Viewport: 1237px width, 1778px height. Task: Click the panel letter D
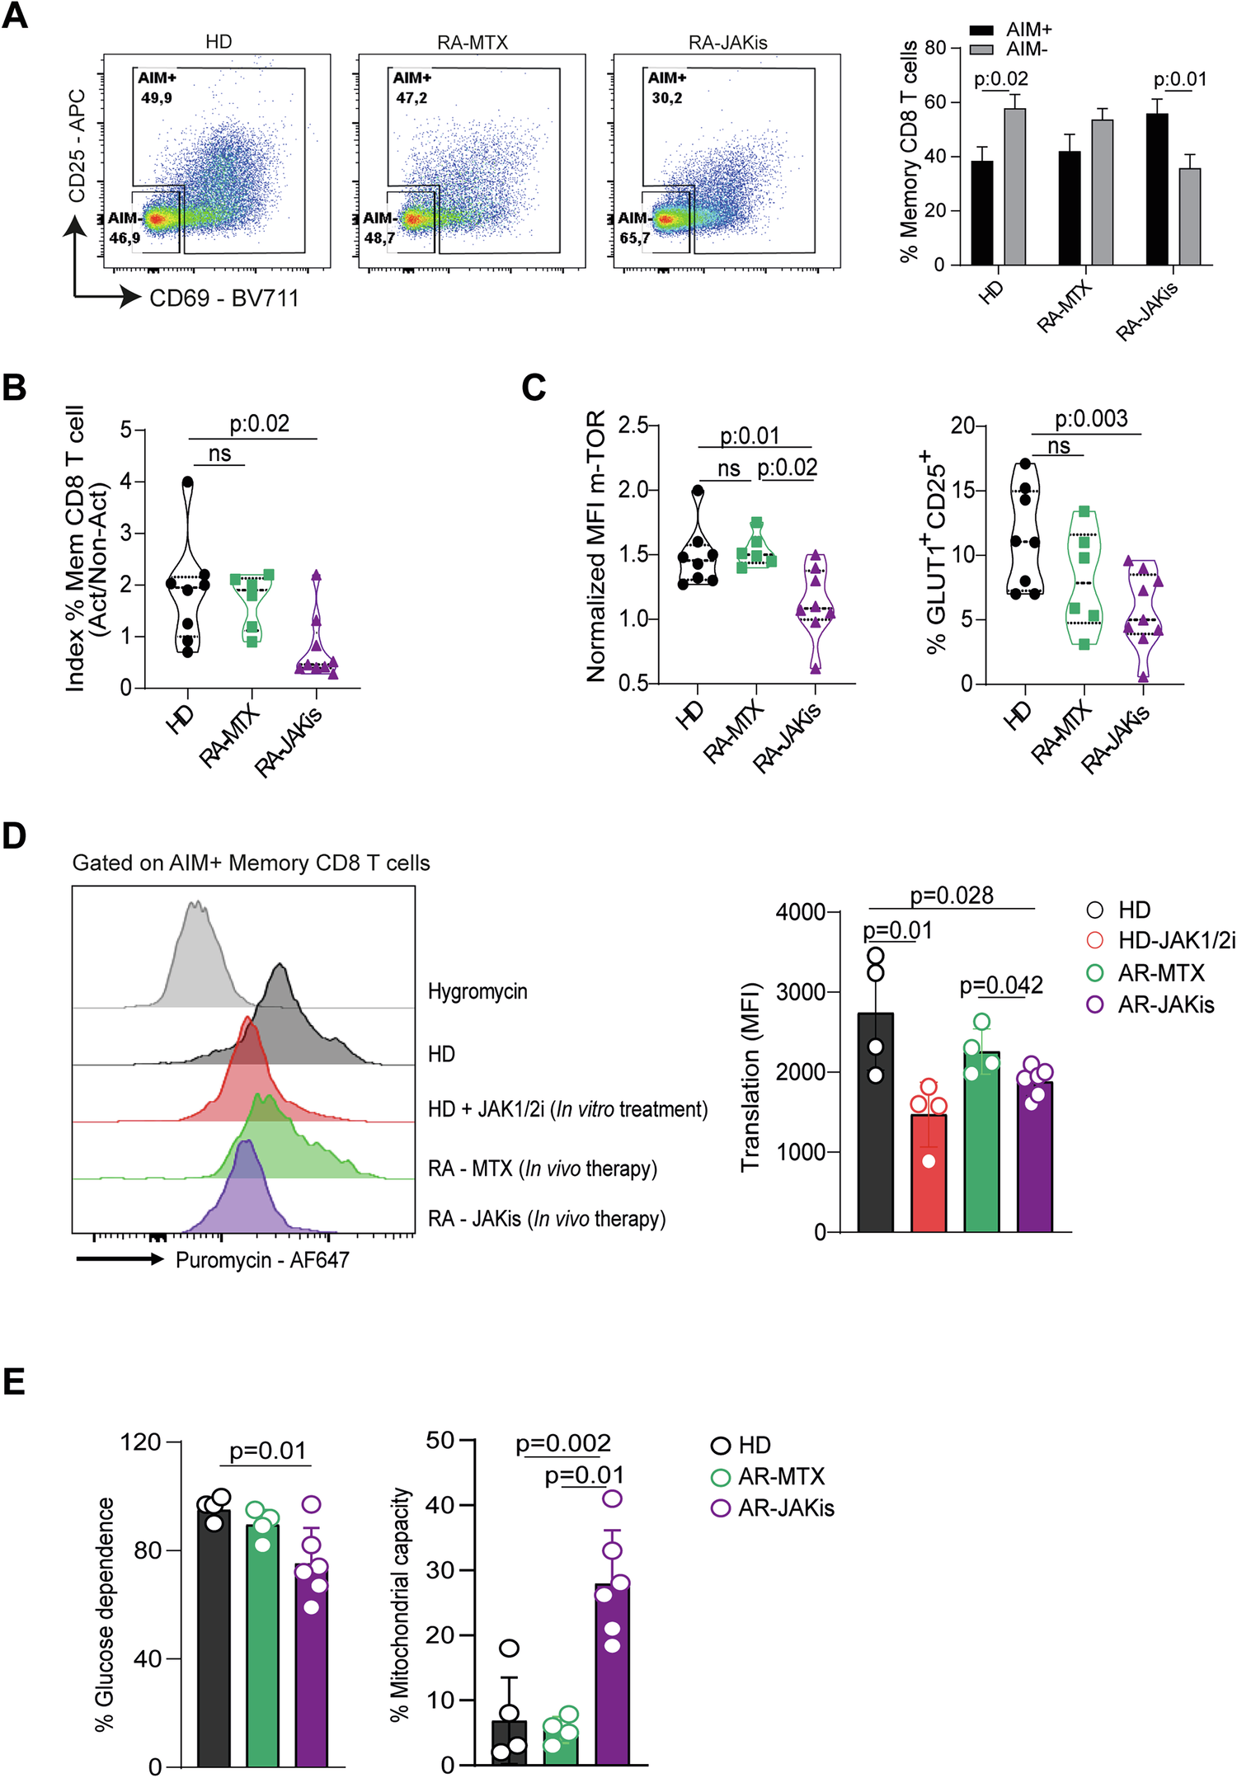tap(14, 836)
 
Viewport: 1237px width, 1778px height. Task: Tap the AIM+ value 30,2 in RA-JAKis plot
tap(666, 98)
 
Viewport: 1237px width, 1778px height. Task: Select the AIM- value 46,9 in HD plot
tap(125, 238)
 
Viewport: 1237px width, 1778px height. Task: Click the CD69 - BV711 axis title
tap(223, 298)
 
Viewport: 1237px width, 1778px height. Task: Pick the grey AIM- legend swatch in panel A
tap(981, 49)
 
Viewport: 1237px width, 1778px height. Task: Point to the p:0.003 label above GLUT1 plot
tap(1091, 418)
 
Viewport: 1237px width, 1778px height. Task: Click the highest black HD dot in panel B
tap(187, 482)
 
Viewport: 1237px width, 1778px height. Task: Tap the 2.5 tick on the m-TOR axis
tap(633, 425)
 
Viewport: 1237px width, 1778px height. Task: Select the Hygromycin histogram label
tap(477, 991)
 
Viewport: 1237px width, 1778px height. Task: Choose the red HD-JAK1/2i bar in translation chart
tap(929, 1171)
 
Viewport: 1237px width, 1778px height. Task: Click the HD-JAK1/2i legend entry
tap(1175, 940)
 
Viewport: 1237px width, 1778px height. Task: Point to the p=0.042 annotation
tap(1001, 985)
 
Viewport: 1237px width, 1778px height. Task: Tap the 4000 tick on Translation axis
tap(799, 912)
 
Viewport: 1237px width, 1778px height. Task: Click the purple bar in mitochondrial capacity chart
tap(612, 1674)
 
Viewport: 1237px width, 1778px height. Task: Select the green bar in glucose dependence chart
tap(262, 1644)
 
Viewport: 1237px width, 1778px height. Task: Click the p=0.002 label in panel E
tap(562, 1443)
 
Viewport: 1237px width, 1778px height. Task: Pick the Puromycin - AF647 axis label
tap(262, 1259)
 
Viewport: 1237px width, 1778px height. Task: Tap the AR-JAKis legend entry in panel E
tap(785, 1508)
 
